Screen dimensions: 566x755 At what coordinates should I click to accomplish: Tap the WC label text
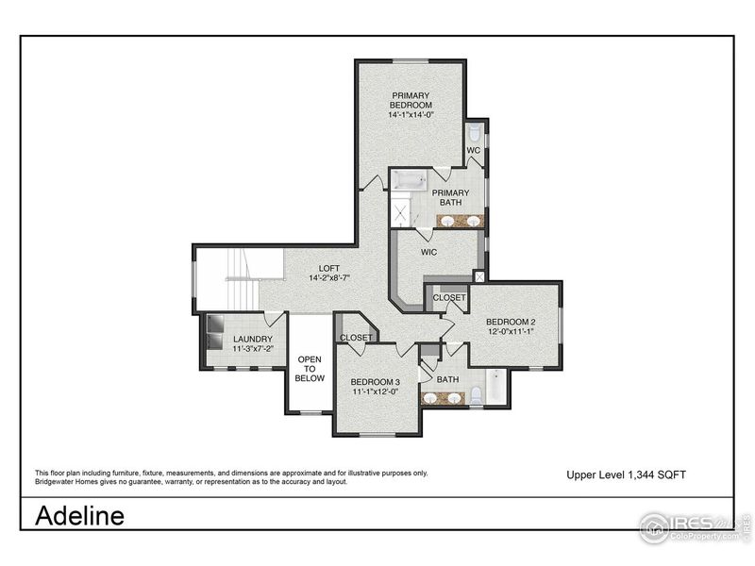coord(474,151)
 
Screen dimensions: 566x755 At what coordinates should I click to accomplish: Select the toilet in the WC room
coord(475,132)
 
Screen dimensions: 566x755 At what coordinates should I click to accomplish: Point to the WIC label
coord(428,252)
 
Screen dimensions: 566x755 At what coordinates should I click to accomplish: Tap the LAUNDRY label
coord(254,340)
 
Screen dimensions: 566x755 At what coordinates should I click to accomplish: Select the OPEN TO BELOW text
coord(310,369)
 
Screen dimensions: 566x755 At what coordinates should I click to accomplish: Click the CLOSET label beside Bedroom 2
coord(448,298)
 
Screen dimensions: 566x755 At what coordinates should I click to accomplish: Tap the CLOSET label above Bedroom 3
coord(356,337)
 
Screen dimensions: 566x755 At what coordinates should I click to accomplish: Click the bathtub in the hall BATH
coord(495,388)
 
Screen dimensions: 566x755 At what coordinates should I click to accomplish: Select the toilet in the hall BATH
coord(476,393)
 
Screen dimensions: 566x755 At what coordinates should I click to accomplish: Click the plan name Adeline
coord(79,516)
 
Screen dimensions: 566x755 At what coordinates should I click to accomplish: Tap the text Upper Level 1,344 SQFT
coord(625,474)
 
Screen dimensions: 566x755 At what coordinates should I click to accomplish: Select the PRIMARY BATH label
coord(450,198)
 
